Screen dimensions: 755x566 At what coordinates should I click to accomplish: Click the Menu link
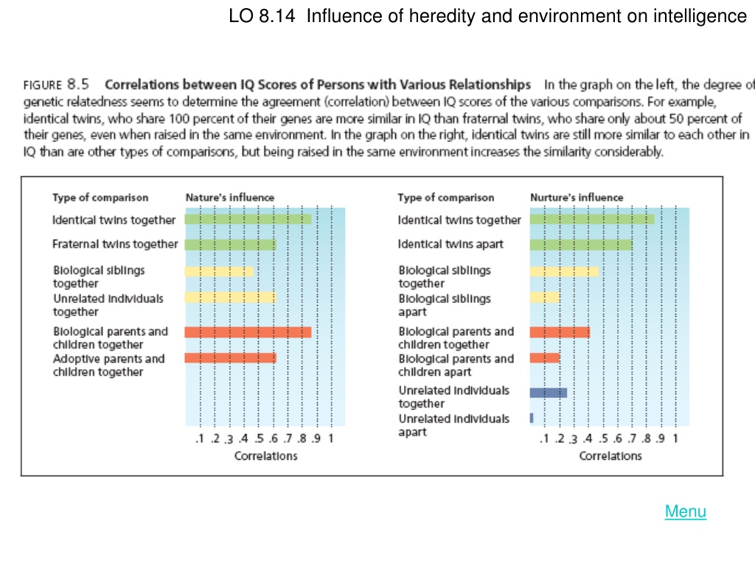click(x=685, y=511)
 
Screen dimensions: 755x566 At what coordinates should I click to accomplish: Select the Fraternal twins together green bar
click(x=230, y=245)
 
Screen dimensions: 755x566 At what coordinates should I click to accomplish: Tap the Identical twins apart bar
click(x=581, y=245)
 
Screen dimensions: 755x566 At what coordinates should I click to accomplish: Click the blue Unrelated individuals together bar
click(x=549, y=393)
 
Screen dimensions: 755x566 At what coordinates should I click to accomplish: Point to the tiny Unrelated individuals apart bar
click(x=532, y=418)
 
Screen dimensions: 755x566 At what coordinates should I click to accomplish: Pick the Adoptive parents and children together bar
click(x=230, y=357)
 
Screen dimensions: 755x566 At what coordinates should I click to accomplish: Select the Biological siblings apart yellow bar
click(x=545, y=297)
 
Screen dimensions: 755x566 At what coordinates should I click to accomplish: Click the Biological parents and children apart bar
click(x=545, y=357)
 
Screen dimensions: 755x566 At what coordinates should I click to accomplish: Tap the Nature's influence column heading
click(x=230, y=198)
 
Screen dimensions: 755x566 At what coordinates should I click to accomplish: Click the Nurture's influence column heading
click(x=577, y=198)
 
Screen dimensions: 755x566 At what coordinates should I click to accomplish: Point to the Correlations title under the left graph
click(x=265, y=455)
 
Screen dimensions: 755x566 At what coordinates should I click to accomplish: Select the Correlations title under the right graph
click(x=610, y=455)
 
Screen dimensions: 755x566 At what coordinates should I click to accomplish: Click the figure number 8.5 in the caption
click(x=78, y=84)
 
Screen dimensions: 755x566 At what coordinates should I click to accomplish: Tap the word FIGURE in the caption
click(x=43, y=85)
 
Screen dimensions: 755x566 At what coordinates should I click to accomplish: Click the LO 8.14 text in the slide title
click(x=262, y=16)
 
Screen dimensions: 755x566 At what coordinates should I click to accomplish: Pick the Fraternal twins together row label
click(x=115, y=244)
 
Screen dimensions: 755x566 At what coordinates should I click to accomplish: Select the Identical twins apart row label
click(x=450, y=244)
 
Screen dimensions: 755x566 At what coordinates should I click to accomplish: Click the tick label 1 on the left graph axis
click(x=331, y=439)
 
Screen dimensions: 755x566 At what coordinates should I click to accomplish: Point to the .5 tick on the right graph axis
click(x=603, y=439)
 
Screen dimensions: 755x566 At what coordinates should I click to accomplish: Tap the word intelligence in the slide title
click(x=700, y=16)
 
